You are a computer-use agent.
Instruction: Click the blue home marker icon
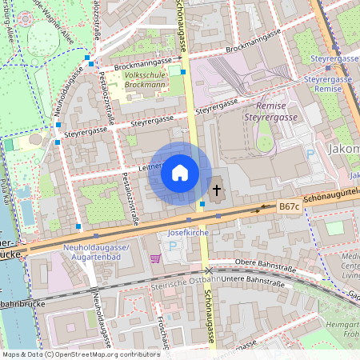tap(180, 172)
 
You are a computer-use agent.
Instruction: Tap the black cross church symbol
tap(216, 190)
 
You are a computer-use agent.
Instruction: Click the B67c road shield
tap(289, 206)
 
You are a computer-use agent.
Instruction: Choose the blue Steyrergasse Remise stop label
tap(328, 85)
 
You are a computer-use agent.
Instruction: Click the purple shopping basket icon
tap(154, 258)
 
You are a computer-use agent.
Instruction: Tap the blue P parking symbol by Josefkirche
tap(174, 246)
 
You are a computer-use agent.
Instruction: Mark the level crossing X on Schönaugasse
tap(209, 272)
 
